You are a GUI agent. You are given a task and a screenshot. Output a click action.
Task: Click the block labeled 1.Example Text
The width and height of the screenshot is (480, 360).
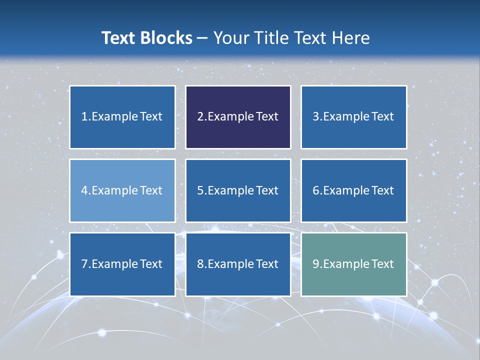[122, 117]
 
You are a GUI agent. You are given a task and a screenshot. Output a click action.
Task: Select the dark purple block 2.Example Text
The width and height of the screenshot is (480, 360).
[238, 117]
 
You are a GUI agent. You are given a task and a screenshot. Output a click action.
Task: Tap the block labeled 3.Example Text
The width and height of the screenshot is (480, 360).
[353, 117]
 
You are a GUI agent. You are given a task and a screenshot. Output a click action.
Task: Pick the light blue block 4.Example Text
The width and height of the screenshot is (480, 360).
[122, 190]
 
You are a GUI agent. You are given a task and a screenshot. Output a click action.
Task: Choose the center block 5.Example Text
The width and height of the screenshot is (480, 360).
[238, 190]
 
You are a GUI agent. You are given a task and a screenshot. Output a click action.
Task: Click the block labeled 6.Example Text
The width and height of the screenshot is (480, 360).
[353, 190]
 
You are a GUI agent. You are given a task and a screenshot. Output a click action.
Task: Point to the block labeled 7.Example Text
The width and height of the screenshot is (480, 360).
[122, 264]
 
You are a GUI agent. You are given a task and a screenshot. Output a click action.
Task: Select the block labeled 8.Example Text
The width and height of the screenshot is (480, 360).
[238, 264]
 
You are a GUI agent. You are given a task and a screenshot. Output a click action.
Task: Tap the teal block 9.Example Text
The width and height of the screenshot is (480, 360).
[353, 264]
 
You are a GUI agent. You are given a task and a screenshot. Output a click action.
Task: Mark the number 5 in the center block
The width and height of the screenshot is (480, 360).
[200, 190]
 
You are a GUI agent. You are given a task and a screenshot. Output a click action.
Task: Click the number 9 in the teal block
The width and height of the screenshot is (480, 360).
[316, 264]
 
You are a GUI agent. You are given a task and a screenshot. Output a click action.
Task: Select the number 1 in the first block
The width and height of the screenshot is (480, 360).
[84, 117]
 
